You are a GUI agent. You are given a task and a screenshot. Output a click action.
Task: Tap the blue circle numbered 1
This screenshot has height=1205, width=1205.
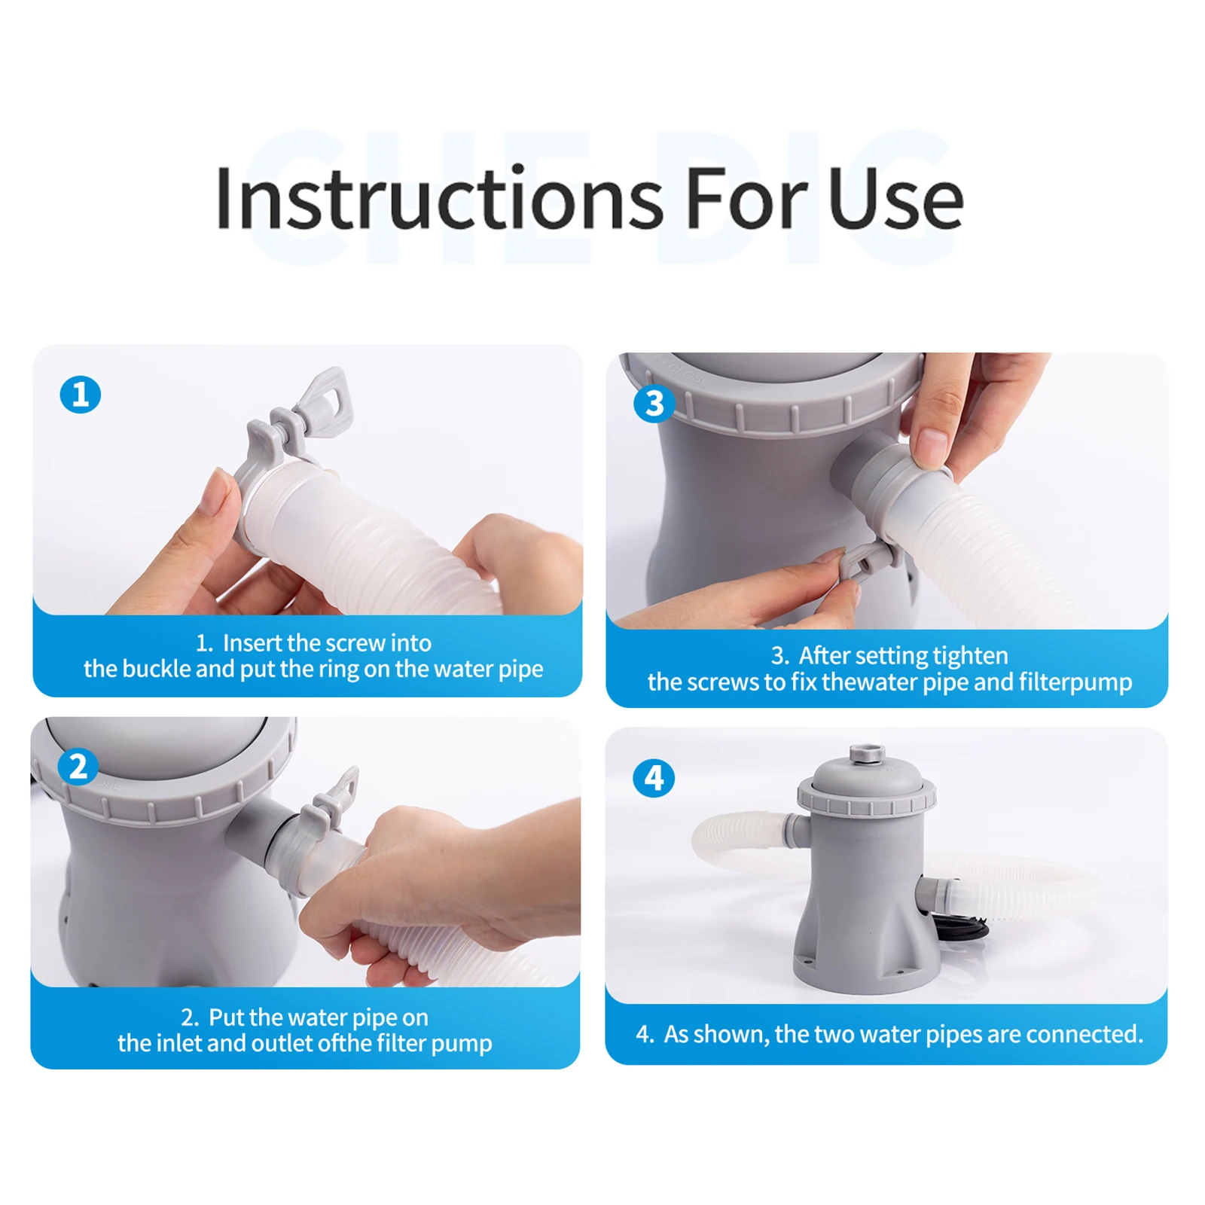click(80, 395)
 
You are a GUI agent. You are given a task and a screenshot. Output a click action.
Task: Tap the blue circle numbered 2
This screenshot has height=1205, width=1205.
click(78, 767)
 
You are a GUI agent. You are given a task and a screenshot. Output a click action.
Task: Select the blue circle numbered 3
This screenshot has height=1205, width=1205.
click(654, 404)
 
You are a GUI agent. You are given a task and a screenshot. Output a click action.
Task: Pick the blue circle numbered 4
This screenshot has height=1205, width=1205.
click(653, 778)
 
